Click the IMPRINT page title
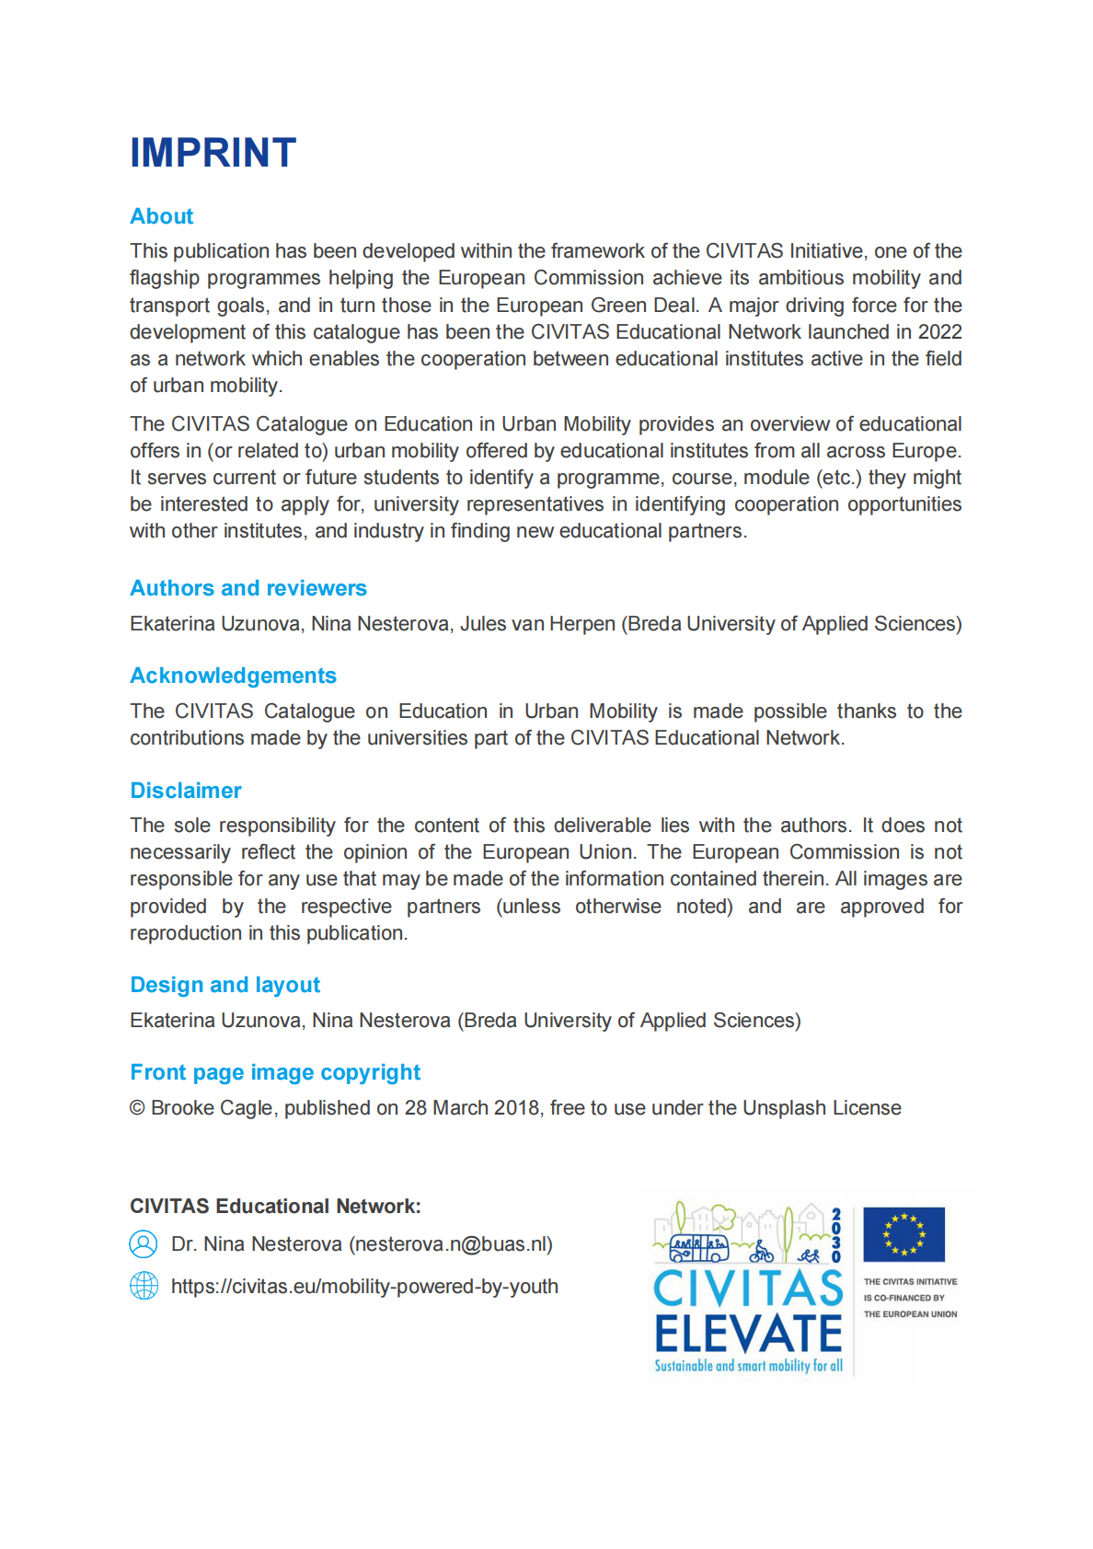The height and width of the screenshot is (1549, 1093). click(x=213, y=153)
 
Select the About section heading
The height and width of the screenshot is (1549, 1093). click(x=162, y=216)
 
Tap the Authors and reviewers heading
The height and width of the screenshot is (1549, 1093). click(x=248, y=588)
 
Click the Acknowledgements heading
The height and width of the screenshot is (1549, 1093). click(x=233, y=676)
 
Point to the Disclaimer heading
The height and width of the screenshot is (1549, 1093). click(x=186, y=791)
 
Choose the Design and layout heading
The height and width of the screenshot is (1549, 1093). click(x=225, y=985)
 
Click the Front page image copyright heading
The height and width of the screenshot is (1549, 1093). click(x=275, y=1072)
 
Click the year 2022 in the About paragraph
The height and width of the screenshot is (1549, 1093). click(x=939, y=332)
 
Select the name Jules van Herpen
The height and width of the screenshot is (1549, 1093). click(x=537, y=624)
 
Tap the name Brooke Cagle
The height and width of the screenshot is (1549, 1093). click(x=212, y=1108)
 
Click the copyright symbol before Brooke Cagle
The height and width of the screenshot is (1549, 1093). click(x=137, y=1108)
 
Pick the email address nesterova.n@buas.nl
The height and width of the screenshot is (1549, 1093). click(x=451, y=1244)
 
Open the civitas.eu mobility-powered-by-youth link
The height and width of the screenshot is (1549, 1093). click(x=364, y=1287)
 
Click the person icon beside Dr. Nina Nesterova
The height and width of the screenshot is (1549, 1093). click(x=144, y=1244)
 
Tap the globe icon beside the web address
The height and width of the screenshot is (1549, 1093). click(x=144, y=1286)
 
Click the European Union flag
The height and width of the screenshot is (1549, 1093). click(x=903, y=1234)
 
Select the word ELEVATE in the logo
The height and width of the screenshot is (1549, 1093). click(x=748, y=1334)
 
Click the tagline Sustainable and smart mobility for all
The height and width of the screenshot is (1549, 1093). click(x=748, y=1366)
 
